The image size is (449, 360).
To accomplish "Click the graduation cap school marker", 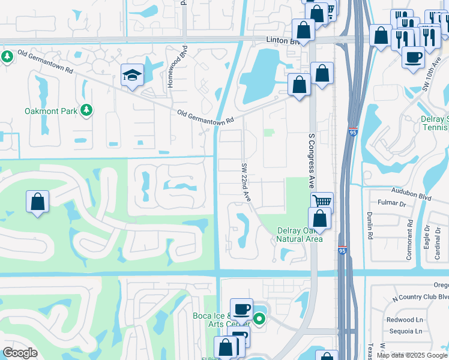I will click(132, 75).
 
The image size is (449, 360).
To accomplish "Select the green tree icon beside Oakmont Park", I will click(87, 110).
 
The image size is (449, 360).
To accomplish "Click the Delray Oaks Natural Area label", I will click(300, 235).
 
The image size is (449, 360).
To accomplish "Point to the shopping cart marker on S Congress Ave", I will click(322, 202).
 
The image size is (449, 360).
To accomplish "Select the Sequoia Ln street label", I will click(405, 331).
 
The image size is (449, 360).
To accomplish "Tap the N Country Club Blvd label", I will click(418, 297).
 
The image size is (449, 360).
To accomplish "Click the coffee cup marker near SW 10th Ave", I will click(413, 58).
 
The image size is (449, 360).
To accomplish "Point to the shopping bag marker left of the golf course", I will click(38, 201).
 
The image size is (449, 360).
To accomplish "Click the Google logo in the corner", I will click(20, 353).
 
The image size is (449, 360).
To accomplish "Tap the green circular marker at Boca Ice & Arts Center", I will click(259, 319).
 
